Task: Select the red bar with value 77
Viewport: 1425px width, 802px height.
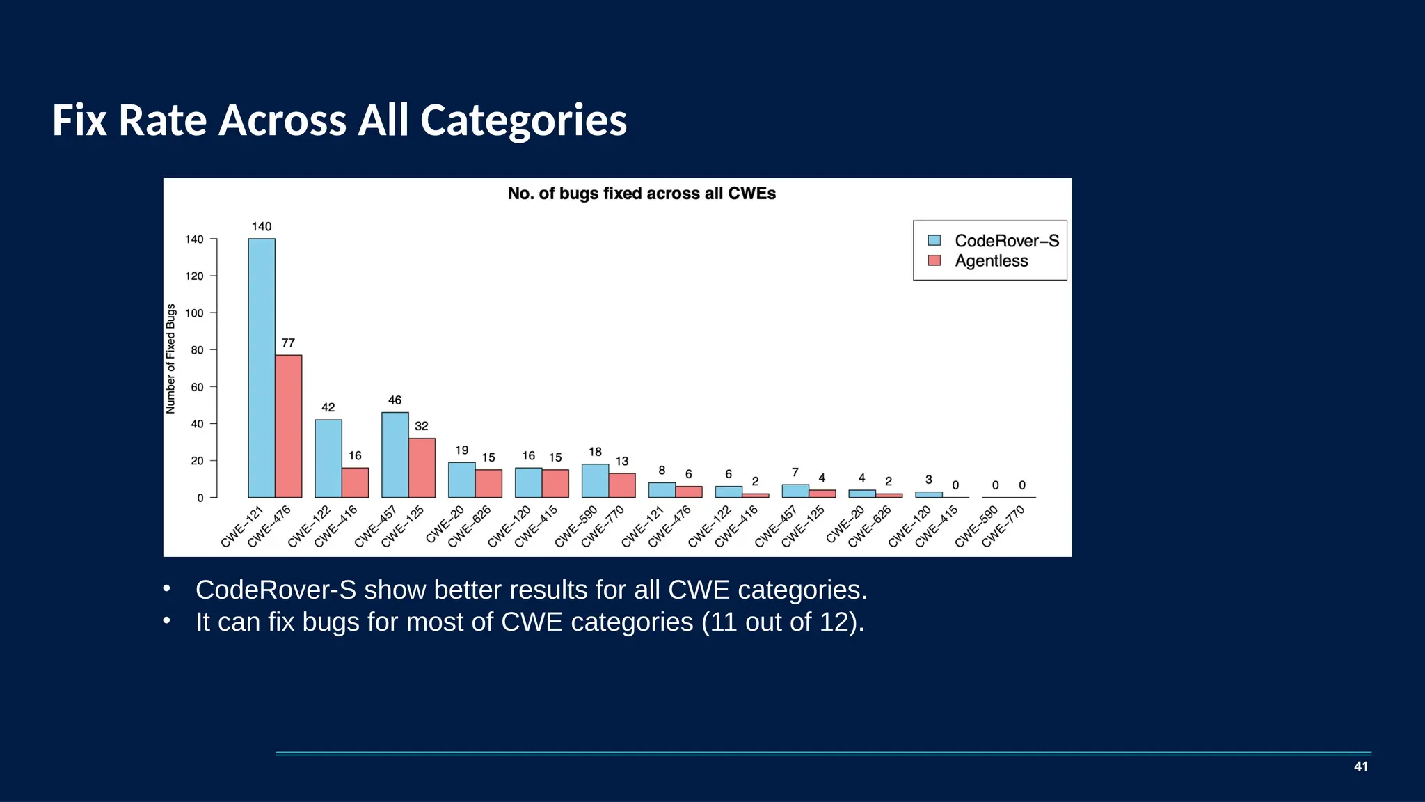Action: [288, 426]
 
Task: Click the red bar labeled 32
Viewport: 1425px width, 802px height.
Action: [422, 468]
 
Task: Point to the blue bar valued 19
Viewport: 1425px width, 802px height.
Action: [462, 480]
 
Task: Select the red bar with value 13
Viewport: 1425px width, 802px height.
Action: [622, 485]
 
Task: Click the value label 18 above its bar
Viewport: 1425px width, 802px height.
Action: [595, 452]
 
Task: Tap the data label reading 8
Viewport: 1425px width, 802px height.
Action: [662, 471]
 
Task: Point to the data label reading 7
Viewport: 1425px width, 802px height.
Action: [795, 473]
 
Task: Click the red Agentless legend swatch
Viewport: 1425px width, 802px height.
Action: [934, 261]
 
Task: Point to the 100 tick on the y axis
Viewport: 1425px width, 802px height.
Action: [194, 313]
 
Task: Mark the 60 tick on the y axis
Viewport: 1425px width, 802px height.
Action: [197, 387]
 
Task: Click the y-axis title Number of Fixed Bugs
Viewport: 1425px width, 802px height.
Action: [171, 359]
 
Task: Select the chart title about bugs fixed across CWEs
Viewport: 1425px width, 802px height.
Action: [642, 194]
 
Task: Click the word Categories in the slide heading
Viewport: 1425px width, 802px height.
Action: [523, 120]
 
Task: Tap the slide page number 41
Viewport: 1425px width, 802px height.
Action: [1361, 766]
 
